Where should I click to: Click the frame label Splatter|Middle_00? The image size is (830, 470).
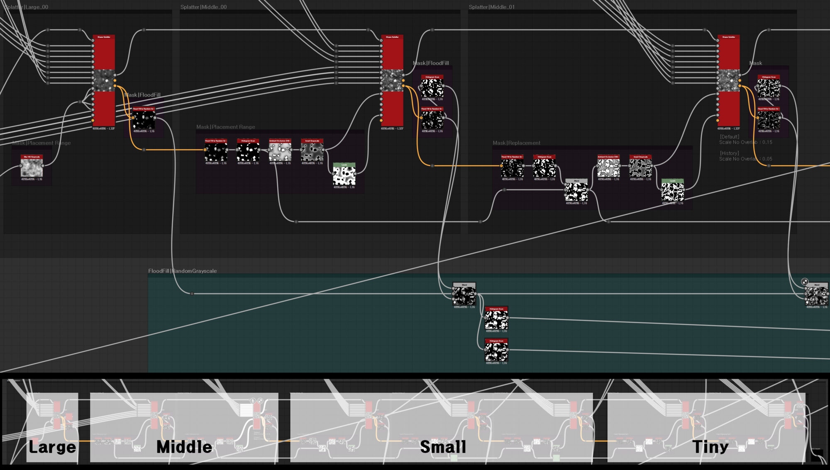click(x=203, y=7)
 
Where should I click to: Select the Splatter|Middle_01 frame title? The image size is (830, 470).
click(x=491, y=7)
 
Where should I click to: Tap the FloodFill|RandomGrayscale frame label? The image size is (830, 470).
click(x=182, y=271)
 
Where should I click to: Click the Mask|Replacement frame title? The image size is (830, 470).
click(x=516, y=143)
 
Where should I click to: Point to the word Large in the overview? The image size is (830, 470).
click(x=52, y=447)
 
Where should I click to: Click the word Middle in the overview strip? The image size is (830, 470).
click(x=184, y=447)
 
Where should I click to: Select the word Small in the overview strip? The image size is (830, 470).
click(x=443, y=447)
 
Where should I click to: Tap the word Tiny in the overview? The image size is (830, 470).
click(x=710, y=447)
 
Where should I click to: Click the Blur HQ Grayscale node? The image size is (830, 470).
click(x=32, y=167)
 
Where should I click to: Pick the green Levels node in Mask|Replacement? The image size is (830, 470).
click(x=672, y=191)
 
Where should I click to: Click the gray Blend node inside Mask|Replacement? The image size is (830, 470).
click(x=576, y=191)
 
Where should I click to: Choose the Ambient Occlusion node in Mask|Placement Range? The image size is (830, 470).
click(x=280, y=151)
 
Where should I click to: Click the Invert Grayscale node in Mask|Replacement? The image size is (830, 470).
click(x=640, y=167)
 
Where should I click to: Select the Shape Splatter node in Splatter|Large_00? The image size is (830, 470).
click(x=103, y=81)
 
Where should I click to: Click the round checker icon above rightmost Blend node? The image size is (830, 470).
click(x=805, y=282)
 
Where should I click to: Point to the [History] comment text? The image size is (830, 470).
click(x=729, y=153)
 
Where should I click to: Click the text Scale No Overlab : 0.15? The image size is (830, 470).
click(x=745, y=142)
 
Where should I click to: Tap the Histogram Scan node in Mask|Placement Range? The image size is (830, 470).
click(x=248, y=151)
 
